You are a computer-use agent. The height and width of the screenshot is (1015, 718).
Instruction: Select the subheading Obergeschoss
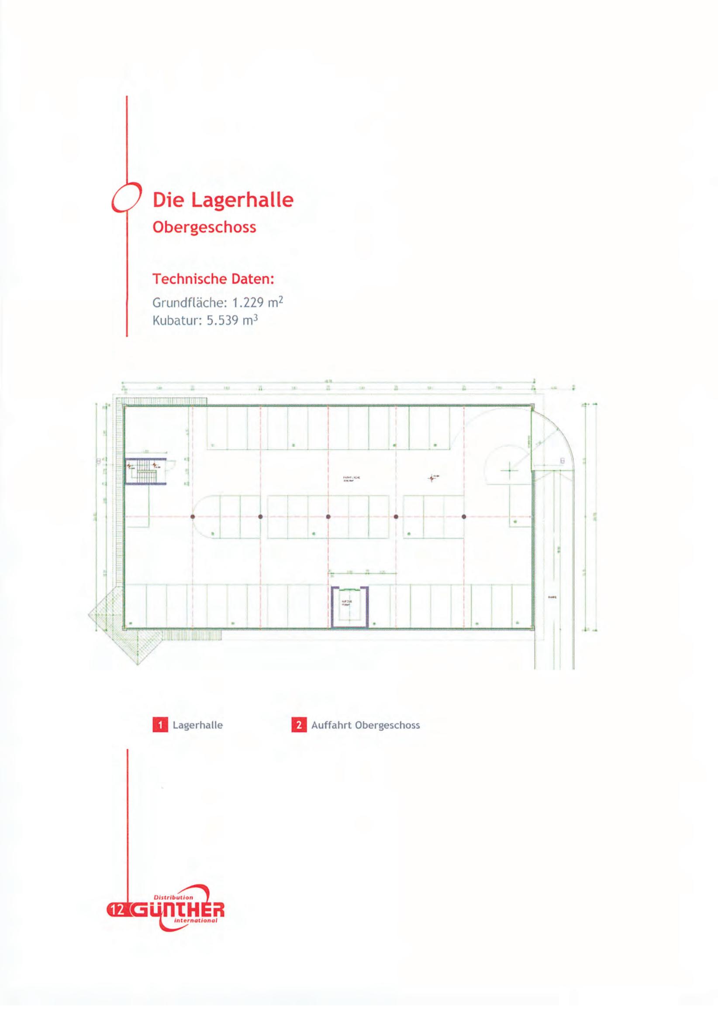pyautogui.click(x=204, y=227)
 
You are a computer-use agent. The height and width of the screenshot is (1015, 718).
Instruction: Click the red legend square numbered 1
pyautogui.click(x=160, y=725)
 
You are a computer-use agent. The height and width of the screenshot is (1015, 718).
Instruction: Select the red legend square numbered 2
pyautogui.click(x=299, y=725)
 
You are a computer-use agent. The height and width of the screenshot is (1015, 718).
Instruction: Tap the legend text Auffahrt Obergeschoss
pyautogui.click(x=366, y=725)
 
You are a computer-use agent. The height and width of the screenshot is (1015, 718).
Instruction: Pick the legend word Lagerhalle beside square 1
pyautogui.click(x=198, y=725)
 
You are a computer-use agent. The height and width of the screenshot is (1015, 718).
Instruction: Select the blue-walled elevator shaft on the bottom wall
pyautogui.click(x=349, y=606)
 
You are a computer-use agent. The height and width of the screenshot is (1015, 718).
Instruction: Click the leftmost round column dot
pyautogui.click(x=193, y=516)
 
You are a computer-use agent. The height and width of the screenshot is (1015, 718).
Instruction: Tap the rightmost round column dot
pyautogui.click(x=464, y=516)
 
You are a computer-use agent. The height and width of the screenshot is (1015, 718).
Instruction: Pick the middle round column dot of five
pyautogui.click(x=328, y=516)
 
